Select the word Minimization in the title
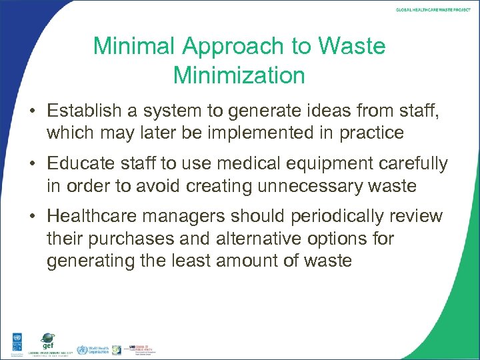point(239,75)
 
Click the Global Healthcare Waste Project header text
point(433,11)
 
